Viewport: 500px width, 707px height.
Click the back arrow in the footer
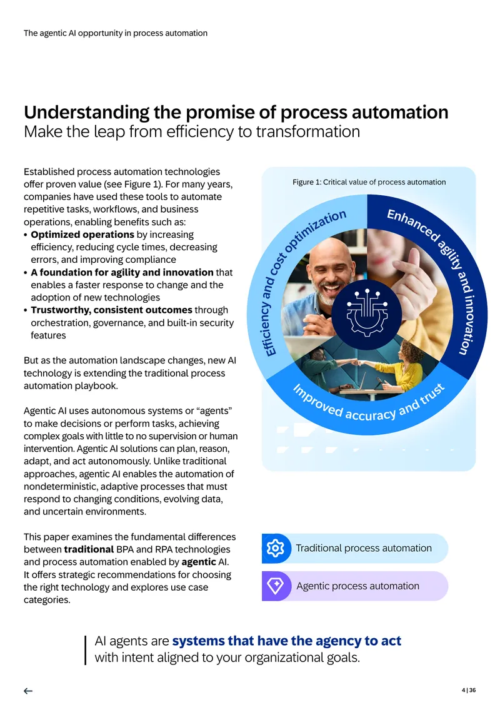tap(28, 691)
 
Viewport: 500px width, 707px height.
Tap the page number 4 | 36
tap(469, 690)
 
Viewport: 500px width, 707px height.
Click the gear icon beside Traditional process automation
tap(275, 548)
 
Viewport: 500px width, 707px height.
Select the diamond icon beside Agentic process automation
tap(275, 586)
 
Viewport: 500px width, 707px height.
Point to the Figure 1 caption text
tap(369, 182)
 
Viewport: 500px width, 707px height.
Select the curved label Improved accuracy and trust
tap(369, 408)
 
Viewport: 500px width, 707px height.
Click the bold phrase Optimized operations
tap(82, 235)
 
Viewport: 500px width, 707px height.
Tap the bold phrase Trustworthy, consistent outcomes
tap(111, 310)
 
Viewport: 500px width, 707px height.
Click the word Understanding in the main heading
tap(86, 113)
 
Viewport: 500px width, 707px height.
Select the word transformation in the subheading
tap(308, 131)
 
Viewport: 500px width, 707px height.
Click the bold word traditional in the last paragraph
tap(89, 549)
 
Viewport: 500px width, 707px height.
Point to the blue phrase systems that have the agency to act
tap(286, 641)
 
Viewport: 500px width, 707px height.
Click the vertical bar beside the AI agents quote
tap(85, 650)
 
